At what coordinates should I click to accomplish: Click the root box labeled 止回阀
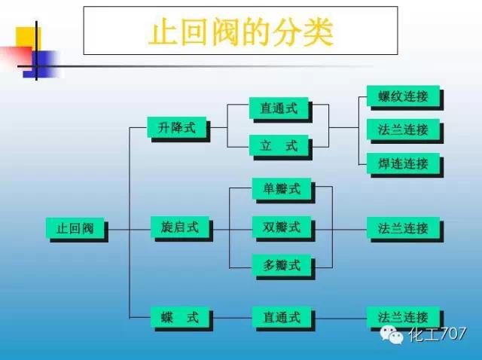click(75, 228)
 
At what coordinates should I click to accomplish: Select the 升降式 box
click(177, 128)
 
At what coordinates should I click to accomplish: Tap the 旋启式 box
click(179, 227)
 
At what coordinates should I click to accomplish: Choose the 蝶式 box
click(179, 318)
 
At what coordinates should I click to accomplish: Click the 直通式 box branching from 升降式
click(279, 108)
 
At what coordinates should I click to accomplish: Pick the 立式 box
click(279, 145)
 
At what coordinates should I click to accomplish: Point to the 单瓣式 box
click(281, 189)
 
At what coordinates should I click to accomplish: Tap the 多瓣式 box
click(281, 265)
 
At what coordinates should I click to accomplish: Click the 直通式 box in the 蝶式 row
click(279, 318)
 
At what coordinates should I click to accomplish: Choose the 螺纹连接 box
click(403, 96)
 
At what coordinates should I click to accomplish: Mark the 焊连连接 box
click(403, 163)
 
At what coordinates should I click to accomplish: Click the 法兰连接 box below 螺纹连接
click(403, 130)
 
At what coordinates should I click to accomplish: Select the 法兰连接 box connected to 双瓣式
click(403, 227)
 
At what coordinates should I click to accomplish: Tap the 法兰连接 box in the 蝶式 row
click(403, 318)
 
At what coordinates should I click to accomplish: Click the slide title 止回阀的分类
click(241, 31)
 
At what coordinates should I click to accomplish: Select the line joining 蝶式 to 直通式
click(230, 318)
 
